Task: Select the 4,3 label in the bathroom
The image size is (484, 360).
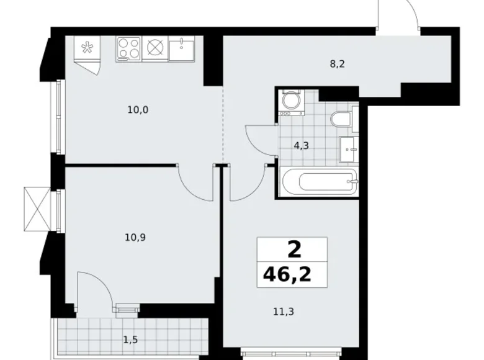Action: [301, 146]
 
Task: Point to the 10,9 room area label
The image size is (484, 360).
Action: [135, 236]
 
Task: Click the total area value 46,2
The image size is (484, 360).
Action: [292, 273]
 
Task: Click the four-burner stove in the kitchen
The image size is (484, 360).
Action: [128, 48]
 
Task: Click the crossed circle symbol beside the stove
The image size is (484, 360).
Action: [155, 48]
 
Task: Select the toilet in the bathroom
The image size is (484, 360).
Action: [342, 119]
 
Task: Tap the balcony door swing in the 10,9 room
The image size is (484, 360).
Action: [93, 289]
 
